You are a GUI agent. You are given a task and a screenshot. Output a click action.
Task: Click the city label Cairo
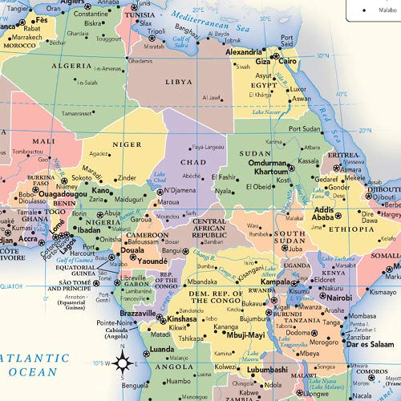287,60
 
